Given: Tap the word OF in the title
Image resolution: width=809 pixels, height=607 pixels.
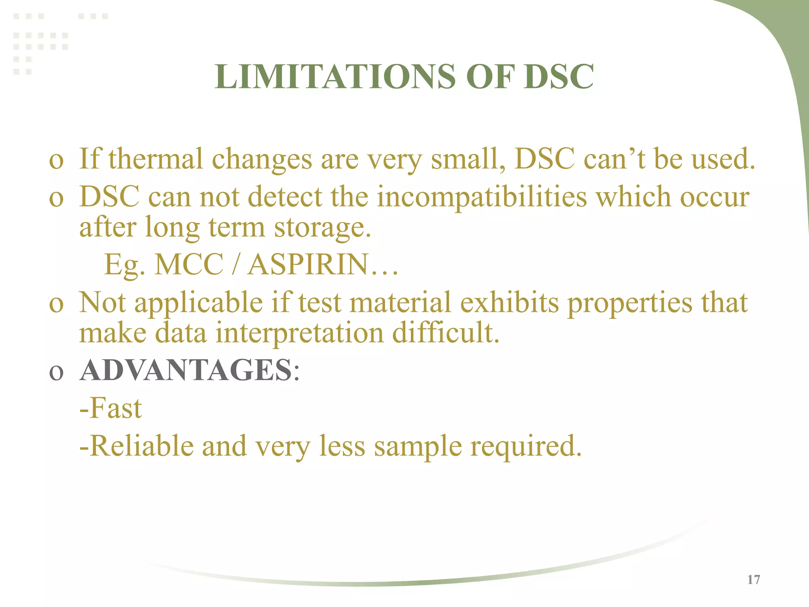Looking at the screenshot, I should tap(490, 77).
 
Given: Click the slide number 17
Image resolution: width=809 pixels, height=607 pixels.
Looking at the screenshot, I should tap(754, 580).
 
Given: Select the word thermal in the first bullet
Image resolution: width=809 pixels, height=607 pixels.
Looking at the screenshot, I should tap(156, 159).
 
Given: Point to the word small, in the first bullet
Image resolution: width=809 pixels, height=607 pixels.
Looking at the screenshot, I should tap(468, 159).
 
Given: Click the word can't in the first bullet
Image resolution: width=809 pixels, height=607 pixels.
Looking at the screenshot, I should tap(614, 159).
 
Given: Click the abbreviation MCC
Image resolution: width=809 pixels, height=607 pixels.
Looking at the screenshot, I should tap(189, 265).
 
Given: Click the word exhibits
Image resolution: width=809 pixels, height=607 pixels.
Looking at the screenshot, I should tap(510, 303).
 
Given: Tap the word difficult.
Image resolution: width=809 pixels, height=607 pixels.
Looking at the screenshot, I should tap(446, 333).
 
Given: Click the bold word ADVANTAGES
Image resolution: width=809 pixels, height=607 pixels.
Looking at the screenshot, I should tap(186, 371).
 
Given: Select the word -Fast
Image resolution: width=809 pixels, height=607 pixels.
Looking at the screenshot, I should tap(111, 409).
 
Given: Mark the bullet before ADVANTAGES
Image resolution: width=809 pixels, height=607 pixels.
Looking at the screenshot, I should tap(56, 373).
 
